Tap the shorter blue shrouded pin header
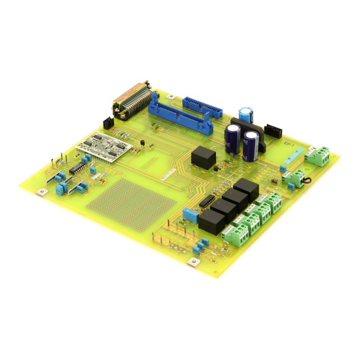pyautogui.click(x=202, y=107)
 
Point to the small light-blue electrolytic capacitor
pyautogui.click(x=246, y=114)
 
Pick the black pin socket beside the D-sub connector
pyautogui.click(x=108, y=122)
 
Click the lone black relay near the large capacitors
pyautogui.click(x=203, y=157)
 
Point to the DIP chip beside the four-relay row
pyautogui.click(x=206, y=201)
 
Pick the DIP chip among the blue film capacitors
pyautogui.click(x=77, y=168)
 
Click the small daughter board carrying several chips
pyautogui.click(x=104, y=146)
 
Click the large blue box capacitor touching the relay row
pyautogui.click(x=190, y=215)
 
